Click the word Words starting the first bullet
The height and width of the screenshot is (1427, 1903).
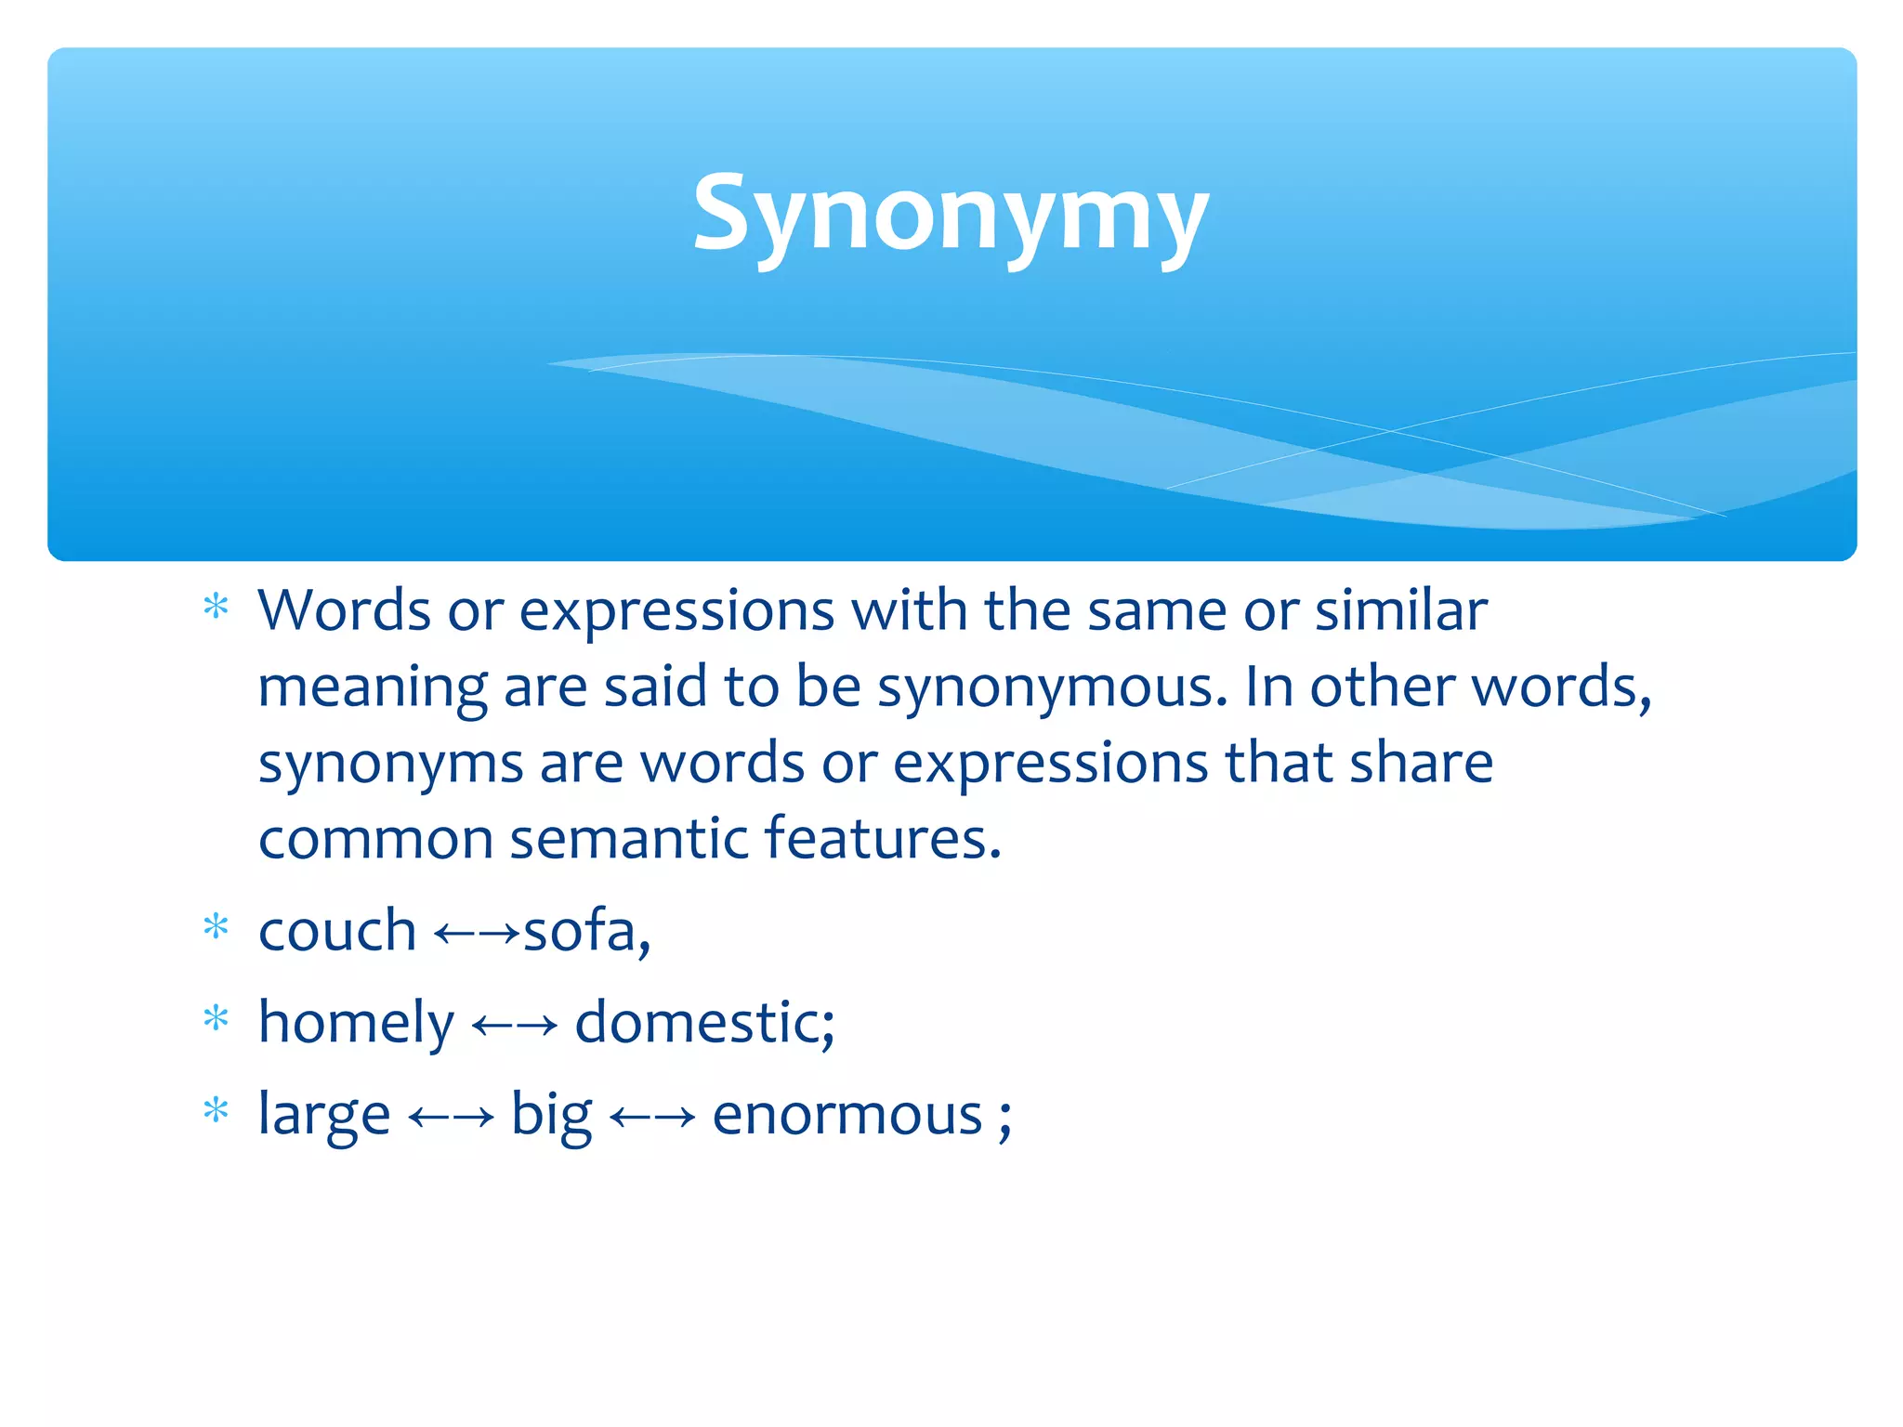click(x=344, y=611)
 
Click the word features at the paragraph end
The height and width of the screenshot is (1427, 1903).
click(x=881, y=837)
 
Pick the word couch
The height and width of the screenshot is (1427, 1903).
click(x=337, y=930)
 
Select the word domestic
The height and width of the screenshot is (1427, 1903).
click(x=703, y=1022)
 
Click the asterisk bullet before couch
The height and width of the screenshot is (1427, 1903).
click(x=216, y=927)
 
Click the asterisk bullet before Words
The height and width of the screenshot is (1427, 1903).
click(x=216, y=608)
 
